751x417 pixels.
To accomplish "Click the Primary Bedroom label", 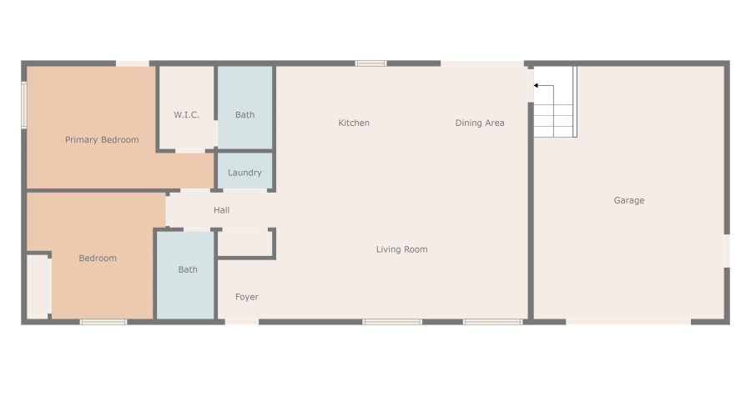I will coord(102,140).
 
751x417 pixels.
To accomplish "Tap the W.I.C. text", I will coord(186,115).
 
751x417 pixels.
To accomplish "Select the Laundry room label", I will coord(244,173).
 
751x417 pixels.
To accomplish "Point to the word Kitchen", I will coord(354,123).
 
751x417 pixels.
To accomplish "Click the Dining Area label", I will coord(480,123).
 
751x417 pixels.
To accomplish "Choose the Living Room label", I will coord(401,249).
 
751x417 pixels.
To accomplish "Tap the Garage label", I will coord(629,201).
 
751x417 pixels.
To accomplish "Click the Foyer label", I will coord(246,297).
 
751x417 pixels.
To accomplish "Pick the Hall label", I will coord(221,210).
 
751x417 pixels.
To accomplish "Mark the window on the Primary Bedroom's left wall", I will coord(24,105).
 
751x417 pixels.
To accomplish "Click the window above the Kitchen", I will coord(370,63).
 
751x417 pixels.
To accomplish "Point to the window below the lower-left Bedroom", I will coord(103,321).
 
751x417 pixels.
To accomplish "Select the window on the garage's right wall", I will coord(726,250).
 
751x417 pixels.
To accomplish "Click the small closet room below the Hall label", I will coord(244,243).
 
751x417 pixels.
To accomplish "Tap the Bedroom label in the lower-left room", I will coord(98,259).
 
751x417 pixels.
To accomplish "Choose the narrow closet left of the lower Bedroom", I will coord(38,285).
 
